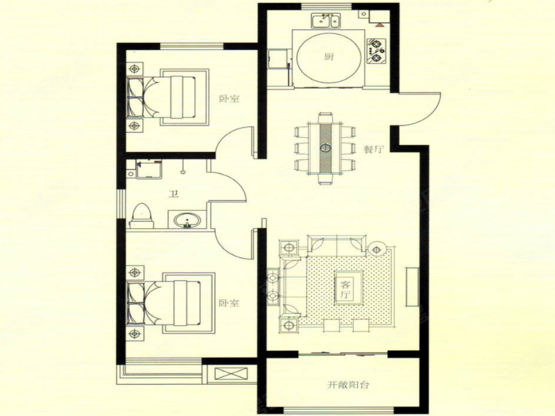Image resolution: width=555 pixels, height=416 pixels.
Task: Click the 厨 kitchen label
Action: tap(328, 57)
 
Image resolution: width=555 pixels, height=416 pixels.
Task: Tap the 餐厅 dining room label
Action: tap(374, 149)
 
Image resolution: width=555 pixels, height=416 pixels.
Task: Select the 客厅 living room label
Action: tap(345, 289)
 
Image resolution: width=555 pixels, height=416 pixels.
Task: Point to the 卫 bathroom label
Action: tap(173, 194)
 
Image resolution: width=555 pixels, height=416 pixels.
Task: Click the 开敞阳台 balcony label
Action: tap(348, 385)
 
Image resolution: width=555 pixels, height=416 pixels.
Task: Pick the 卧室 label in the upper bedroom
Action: tap(229, 98)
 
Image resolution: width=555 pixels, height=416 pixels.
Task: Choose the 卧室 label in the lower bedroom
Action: tap(229, 303)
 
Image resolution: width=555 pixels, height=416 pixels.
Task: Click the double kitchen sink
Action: tap(325, 21)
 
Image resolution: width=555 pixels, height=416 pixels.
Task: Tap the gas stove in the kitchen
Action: tap(376, 51)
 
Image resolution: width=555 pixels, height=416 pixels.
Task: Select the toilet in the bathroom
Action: tap(142, 216)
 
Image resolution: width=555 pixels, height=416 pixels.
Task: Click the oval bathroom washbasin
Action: tap(187, 220)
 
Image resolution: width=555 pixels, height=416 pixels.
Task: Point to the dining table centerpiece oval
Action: tap(325, 148)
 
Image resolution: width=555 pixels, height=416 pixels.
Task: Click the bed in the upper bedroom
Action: tap(166, 97)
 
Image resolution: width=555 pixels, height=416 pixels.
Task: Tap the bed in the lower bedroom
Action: tap(170, 303)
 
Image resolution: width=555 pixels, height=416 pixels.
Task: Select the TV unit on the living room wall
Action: tap(412, 286)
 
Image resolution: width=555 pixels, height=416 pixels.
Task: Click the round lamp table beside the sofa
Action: tap(377, 250)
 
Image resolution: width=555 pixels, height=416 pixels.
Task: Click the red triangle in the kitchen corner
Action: tap(379, 25)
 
